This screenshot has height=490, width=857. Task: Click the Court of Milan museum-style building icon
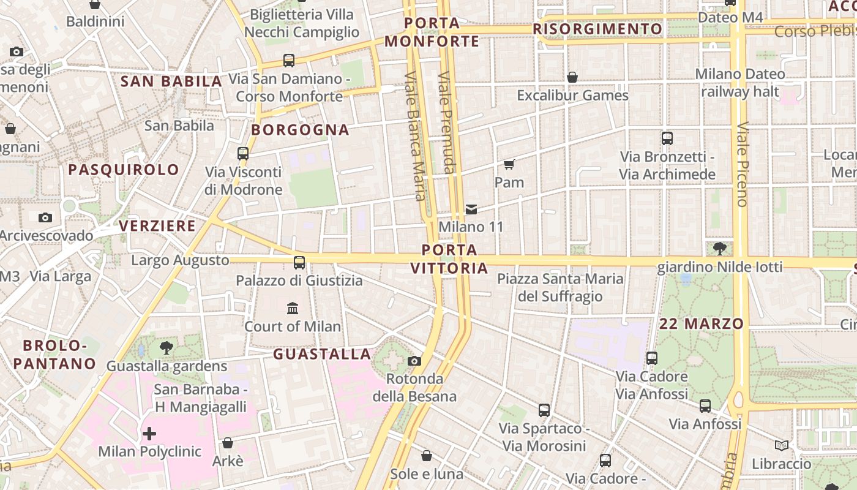pyautogui.click(x=293, y=307)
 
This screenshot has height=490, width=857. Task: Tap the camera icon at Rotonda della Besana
pyautogui.click(x=414, y=361)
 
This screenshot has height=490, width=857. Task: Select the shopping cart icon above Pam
pyautogui.click(x=509, y=164)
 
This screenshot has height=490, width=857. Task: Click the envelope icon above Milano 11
pyautogui.click(x=471, y=209)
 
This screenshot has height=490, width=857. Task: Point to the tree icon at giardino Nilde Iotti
pyautogui.click(x=720, y=248)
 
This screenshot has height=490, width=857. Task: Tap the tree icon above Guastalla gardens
pyautogui.click(x=166, y=348)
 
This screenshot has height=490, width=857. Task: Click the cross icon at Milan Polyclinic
pyautogui.click(x=149, y=434)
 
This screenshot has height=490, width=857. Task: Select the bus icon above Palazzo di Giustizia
pyautogui.click(x=299, y=262)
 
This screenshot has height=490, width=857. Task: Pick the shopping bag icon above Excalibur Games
pyautogui.click(x=572, y=77)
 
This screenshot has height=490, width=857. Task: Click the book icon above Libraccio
pyautogui.click(x=781, y=445)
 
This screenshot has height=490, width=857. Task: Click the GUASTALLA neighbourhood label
pyautogui.click(x=322, y=354)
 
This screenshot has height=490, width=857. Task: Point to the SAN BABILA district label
pyautogui.click(x=171, y=81)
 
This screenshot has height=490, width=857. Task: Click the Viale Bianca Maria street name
pyautogui.click(x=414, y=137)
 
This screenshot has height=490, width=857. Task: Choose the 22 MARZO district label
pyautogui.click(x=702, y=323)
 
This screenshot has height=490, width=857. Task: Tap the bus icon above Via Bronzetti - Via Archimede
pyautogui.click(x=667, y=138)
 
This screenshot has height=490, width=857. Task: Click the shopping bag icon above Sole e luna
pyautogui.click(x=427, y=456)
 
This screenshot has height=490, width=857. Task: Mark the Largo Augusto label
pyautogui.click(x=180, y=260)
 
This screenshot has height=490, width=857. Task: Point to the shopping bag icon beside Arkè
pyautogui.click(x=228, y=442)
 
